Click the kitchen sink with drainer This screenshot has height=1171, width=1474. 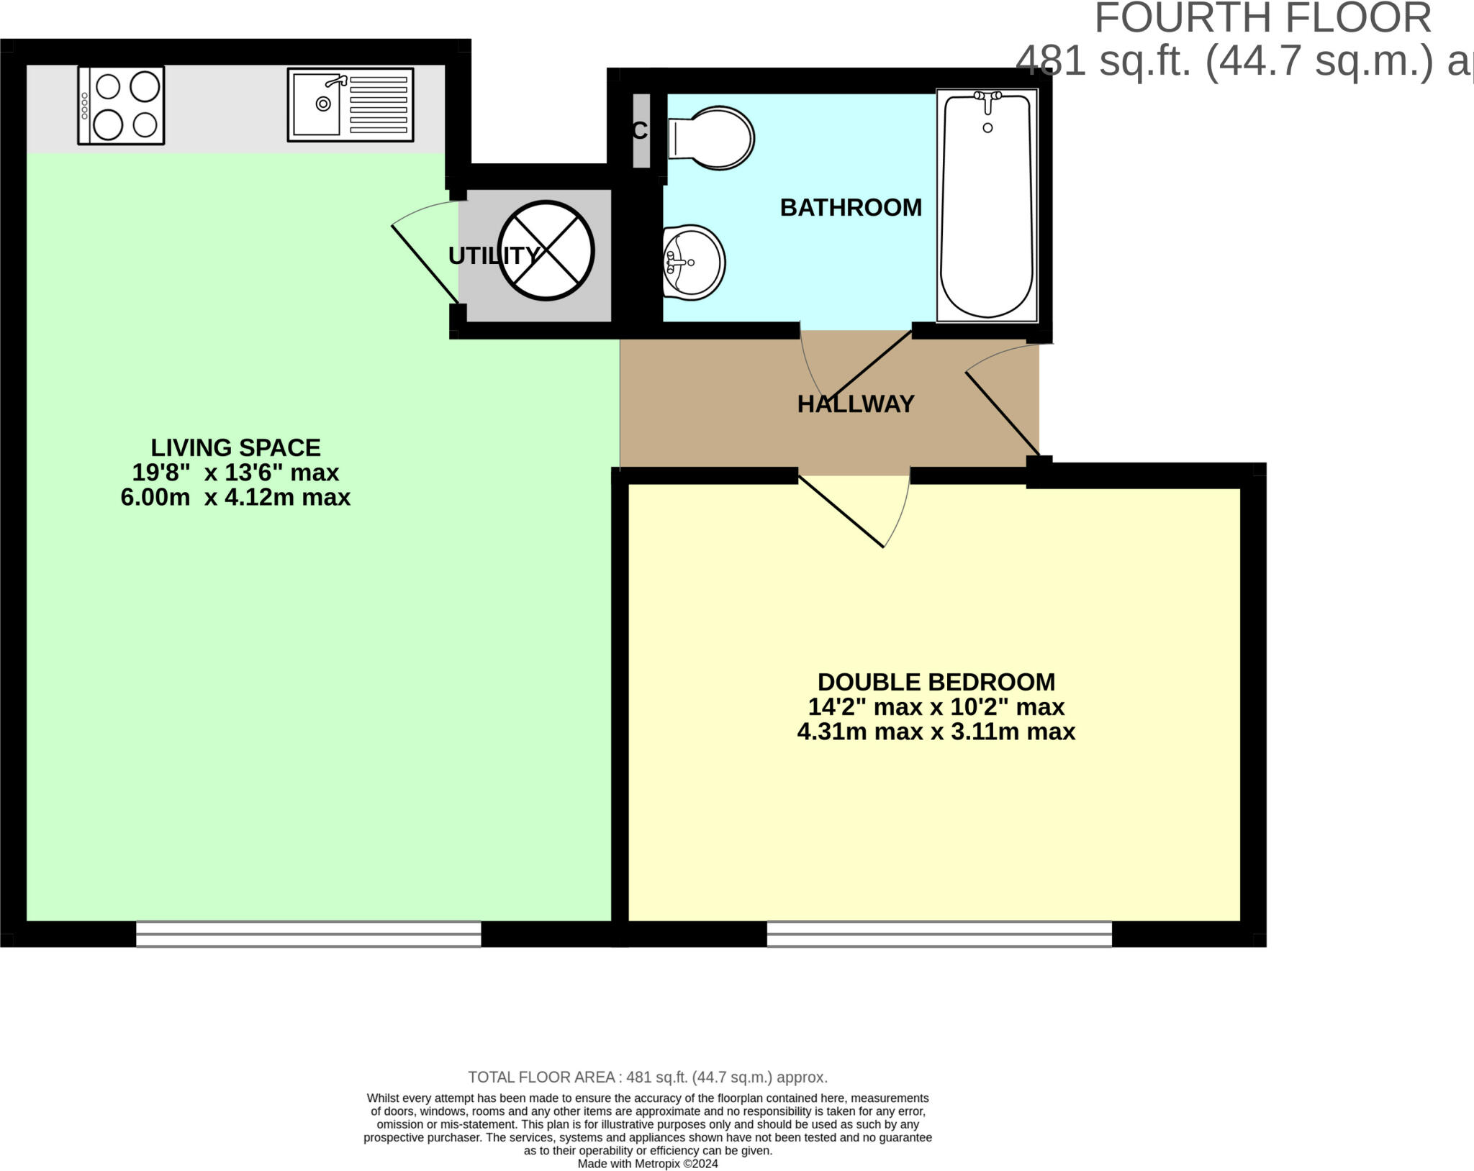[x=351, y=105]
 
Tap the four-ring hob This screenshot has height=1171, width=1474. [x=121, y=105]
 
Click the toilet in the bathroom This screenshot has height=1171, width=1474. [x=711, y=138]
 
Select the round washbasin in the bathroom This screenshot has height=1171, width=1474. [x=693, y=262]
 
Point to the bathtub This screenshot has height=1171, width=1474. [x=987, y=206]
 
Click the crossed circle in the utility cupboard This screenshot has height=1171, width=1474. [x=546, y=250]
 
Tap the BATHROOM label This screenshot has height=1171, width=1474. [x=851, y=208]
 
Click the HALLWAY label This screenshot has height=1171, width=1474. [x=855, y=404]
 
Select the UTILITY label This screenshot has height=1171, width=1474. [x=493, y=256]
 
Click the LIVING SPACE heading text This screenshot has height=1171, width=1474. [x=235, y=448]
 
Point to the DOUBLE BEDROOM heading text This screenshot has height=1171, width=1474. [x=936, y=682]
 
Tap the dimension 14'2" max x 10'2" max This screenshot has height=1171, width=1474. [x=936, y=707]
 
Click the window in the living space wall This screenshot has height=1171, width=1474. [x=308, y=934]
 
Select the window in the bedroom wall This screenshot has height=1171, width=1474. [x=939, y=934]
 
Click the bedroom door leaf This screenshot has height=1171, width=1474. [x=841, y=511]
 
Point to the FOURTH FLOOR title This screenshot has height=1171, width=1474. [x=1263, y=19]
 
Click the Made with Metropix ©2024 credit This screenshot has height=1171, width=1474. [x=648, y=1164]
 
